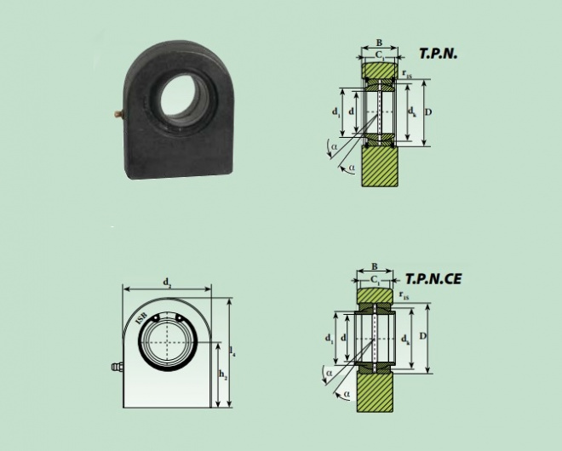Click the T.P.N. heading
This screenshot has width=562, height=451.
439,54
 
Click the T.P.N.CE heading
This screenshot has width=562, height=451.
433,279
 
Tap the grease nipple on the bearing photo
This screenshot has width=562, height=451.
119,114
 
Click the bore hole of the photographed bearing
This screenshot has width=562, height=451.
179,95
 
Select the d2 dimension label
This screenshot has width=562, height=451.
167,283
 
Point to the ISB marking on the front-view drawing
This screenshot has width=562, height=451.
141,318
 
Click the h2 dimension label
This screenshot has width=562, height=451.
223,374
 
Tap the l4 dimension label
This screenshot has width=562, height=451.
233,351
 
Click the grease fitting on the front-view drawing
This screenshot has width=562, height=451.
118,368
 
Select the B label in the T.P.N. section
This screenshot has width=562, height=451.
379,43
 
